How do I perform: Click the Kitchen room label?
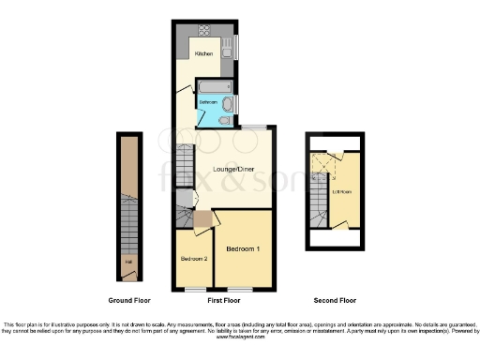[x=203, y=54]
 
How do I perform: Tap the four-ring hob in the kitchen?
[x=181, y=44]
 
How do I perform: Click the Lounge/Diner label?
[x=230, y=168]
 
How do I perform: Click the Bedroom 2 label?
[x=192, y=256]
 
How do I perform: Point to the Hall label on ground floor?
[x=128, y=275]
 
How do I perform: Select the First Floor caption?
[x=223, y=301]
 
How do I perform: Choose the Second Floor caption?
[x=335, y=301]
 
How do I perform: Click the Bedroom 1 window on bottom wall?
[x=244, y=288]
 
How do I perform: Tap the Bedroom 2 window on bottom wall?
[x=192, y=288]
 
